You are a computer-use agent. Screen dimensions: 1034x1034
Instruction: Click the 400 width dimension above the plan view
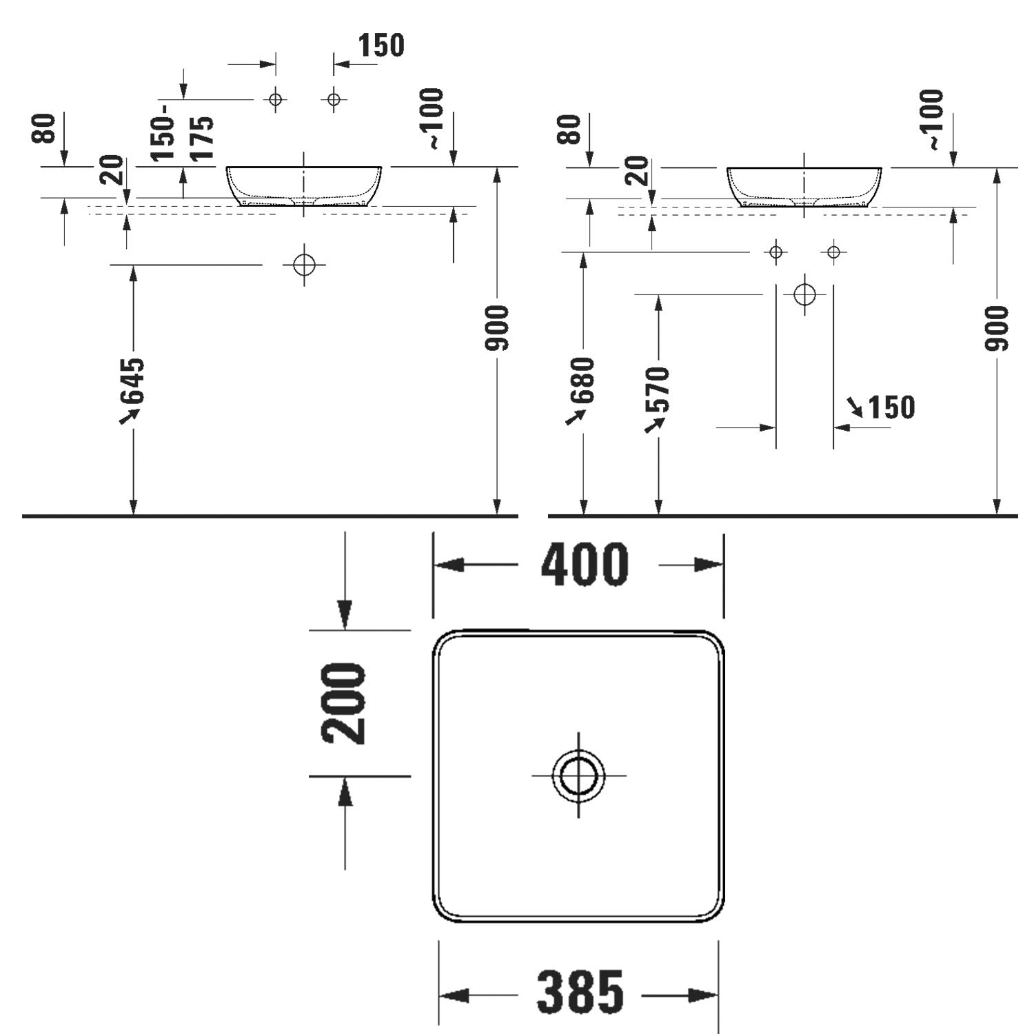click(x=585, y=565)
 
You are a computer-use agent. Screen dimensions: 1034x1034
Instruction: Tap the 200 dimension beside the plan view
click(x=344, y=703)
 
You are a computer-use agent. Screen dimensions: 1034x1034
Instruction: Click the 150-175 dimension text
click(x=183, y=138)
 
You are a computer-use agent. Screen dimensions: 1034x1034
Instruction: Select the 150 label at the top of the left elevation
click(x=381, y=45)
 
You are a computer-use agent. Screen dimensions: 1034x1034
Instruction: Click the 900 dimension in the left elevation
click(x=497, y=327)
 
